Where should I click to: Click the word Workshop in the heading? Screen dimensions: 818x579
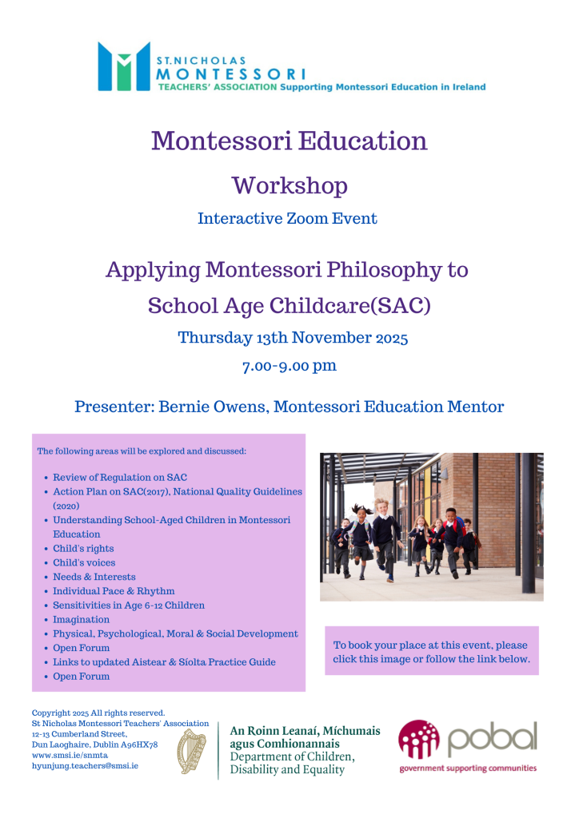[x=289, y=185]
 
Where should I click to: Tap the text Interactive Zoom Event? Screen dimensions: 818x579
[x=287, y=217]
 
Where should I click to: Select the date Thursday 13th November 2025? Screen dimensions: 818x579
[x=293, y=337]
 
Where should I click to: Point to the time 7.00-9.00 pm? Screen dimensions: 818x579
[x=289, y=366]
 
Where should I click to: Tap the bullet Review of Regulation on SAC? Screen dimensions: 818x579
[x=120, y=477]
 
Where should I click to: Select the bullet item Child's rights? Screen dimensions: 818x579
[x=83, y=548]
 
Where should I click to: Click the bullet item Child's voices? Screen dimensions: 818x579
[x=84, y=562]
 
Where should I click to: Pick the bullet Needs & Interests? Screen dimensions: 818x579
[x=94, y=577]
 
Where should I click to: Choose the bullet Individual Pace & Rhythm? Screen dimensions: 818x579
[x=114, y=591]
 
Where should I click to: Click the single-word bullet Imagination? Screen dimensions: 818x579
[x=82, y=619]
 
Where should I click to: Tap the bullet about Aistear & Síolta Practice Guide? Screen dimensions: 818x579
[x=164, y=661]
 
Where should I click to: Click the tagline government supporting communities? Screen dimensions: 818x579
[x=468, y=768]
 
